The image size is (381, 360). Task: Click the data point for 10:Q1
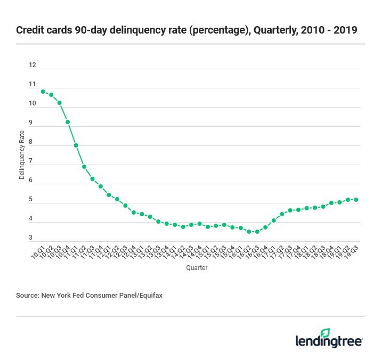[43, 91]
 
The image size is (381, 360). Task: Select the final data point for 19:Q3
[356, 200]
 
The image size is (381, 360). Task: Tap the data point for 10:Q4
[68, 122]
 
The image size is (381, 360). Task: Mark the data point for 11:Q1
[76, 145]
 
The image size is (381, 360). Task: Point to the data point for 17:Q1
[273, 220]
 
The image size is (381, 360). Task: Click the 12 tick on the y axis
[33, 65]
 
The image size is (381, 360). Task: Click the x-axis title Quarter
[197, 268]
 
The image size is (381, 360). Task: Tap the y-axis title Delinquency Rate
[22, 154]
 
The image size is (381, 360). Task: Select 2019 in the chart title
[345, 30]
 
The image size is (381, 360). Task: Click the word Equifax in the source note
[149, 294]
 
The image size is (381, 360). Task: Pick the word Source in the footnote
[27, 294]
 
